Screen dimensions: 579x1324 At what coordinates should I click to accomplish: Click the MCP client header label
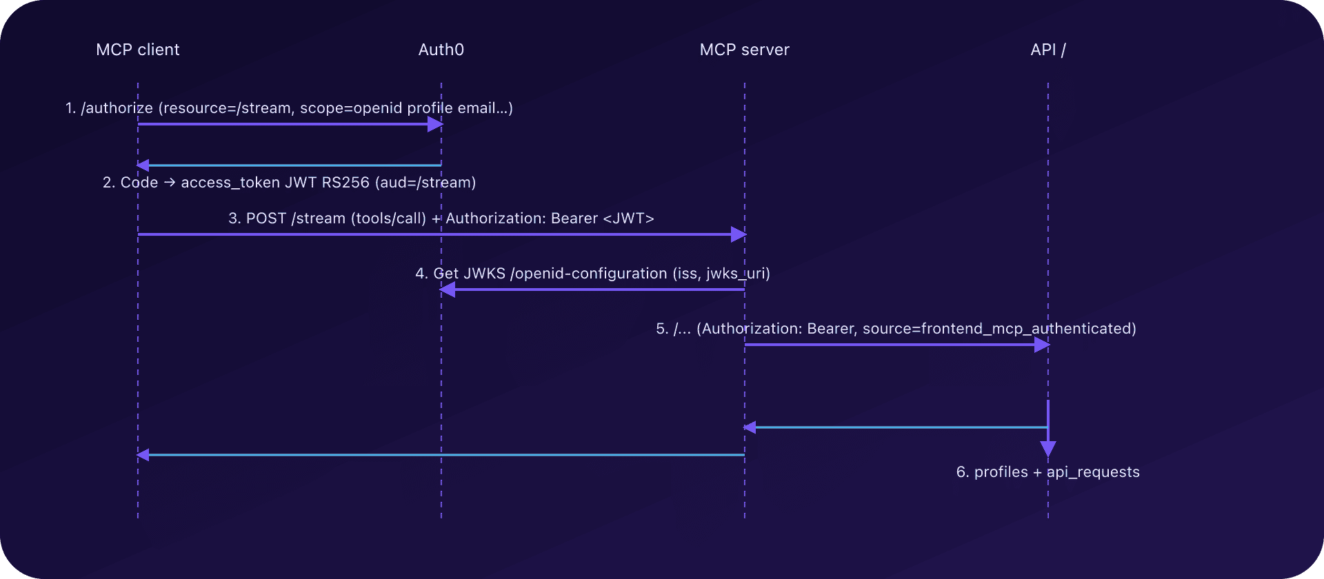[137, 50]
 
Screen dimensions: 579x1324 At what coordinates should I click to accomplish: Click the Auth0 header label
[441, 50]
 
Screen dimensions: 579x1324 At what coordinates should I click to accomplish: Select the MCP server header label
[744, 50]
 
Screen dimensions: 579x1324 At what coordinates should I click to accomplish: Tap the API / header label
[1047, 50]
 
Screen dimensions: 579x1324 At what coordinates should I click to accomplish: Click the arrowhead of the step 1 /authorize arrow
[435, 124]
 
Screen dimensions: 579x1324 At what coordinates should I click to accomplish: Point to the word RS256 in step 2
[345, 183]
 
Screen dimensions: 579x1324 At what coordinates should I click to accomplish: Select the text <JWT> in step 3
[628, 219]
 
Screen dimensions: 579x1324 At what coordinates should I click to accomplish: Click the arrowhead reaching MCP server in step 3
[739, 234]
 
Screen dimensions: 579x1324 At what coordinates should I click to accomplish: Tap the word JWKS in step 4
[484, 274]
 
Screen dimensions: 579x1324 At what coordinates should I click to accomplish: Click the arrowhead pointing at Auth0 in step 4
[448, 289]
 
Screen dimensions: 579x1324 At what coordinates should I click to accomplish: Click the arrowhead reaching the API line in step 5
[1042, 345]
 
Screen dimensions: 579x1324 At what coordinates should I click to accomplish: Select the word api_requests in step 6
[1093, 472]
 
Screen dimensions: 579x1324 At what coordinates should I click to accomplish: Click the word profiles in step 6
[1001, 472]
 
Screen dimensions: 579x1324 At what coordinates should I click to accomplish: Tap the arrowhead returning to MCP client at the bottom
[143, 455]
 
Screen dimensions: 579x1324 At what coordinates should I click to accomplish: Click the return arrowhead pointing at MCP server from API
[750, 427]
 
